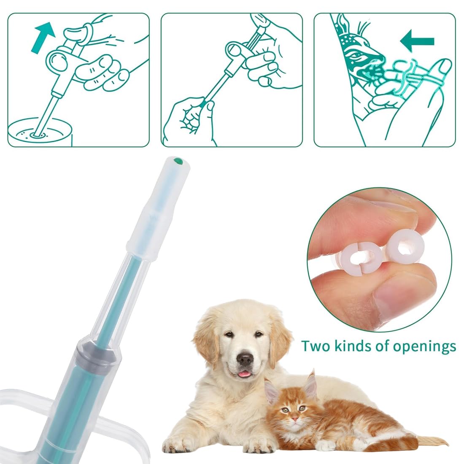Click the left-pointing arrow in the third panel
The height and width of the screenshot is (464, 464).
[417, 41]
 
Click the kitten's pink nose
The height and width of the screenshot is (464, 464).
[294, 419]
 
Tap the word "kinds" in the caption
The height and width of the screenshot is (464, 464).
[353, 345]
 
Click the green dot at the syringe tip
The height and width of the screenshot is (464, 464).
[178, 162]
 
